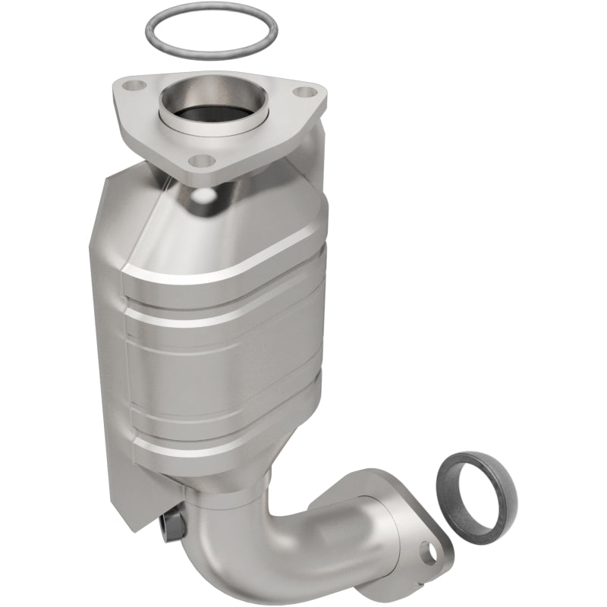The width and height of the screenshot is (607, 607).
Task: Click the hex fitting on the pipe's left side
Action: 171,523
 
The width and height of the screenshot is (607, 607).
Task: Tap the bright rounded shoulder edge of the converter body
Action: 220,266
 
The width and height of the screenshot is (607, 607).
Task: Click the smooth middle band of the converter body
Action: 228,357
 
